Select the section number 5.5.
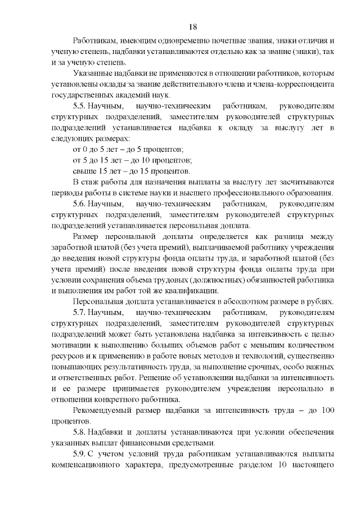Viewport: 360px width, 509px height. [80, 106]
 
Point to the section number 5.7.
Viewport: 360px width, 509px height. [80, 312]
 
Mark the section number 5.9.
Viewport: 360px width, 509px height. [80, 454]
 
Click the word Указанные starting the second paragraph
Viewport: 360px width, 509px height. [95, 73]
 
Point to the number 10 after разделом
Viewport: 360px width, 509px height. [277, 465]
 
